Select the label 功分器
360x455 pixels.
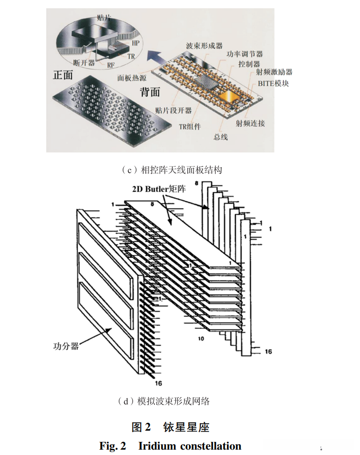66,346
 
